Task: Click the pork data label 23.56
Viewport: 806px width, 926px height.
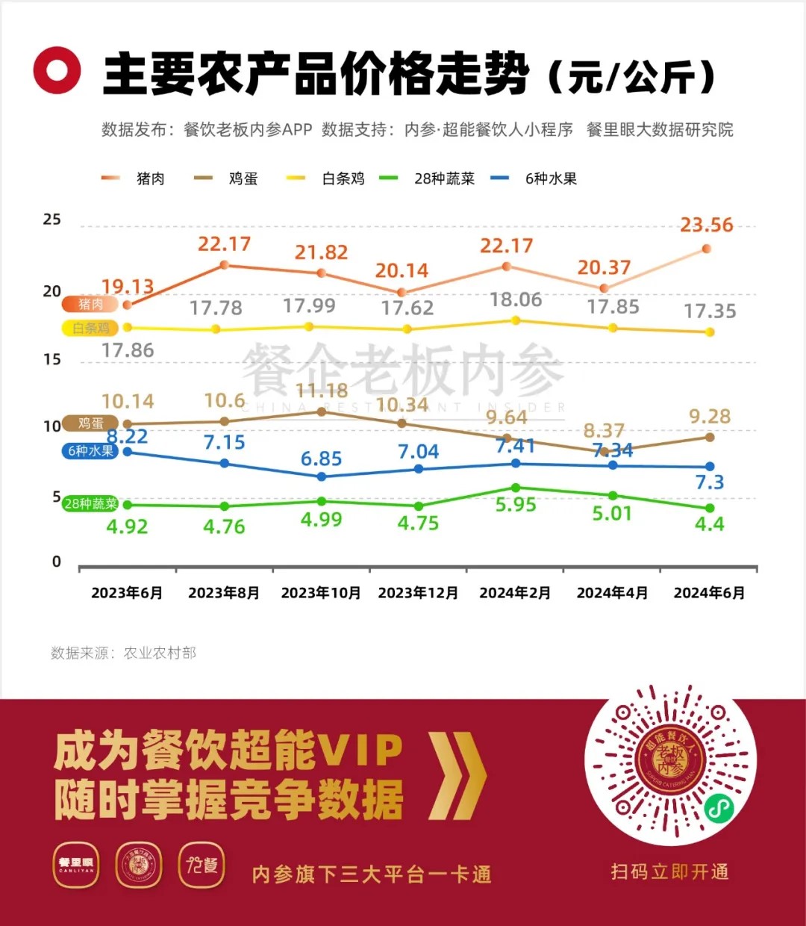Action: (706, 225)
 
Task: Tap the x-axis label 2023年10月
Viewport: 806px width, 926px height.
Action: (321, 593)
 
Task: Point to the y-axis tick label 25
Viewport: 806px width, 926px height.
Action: (51, 220)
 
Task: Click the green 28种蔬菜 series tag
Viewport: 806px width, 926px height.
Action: (90, 504)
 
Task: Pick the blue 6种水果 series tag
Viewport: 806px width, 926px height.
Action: (90, 451)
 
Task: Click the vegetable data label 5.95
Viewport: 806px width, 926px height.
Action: (516, 506)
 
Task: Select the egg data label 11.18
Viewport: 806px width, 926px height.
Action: (322, 391)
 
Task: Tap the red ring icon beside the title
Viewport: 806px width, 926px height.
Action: (57, 70)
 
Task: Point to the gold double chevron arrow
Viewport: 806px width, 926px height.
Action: (457, 776)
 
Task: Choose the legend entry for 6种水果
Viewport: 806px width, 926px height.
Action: (534, 178)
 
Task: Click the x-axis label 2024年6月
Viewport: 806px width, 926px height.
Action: (709, 593)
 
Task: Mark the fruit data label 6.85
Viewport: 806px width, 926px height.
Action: (321, 459)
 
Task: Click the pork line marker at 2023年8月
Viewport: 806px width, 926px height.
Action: (224, 265)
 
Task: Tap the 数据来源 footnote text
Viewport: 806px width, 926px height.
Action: (123, 653)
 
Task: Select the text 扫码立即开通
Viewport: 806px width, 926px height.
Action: (669, 872)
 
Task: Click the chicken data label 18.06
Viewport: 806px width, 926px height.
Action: (516, 299)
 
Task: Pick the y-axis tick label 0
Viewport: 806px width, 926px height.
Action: (57, 562)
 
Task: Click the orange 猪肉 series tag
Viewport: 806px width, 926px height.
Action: (90, 304)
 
